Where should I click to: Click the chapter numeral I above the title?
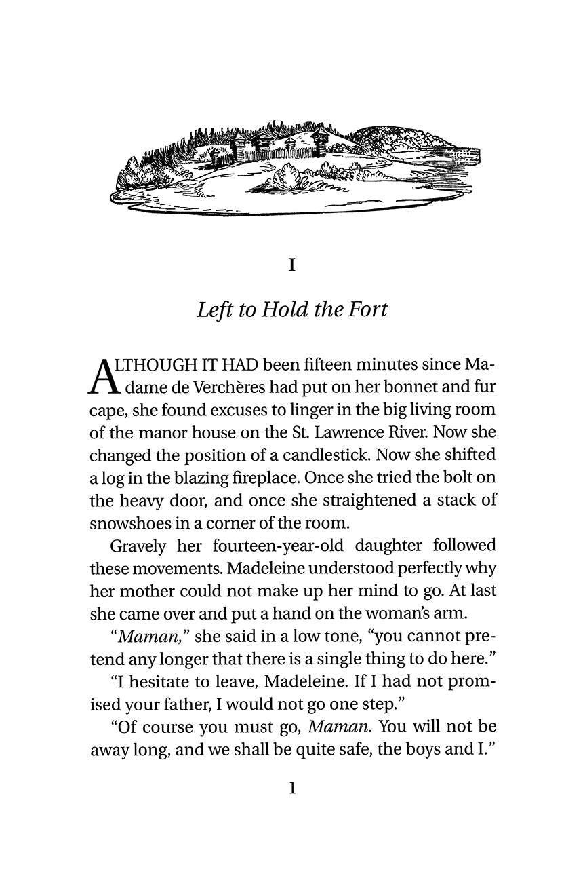coord(291,264)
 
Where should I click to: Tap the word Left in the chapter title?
coord(211,309)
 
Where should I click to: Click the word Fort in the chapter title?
coord(369,309)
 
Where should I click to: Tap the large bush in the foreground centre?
coord(289,178)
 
